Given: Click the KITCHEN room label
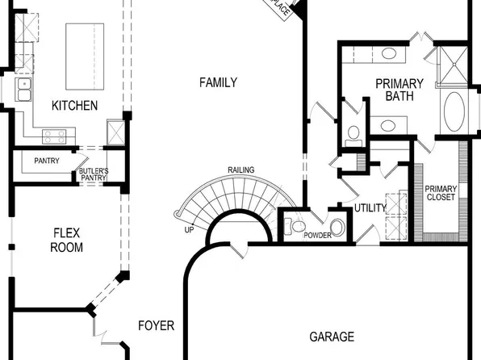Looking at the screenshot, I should [74, 106].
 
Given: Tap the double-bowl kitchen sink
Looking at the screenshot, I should [23, 89].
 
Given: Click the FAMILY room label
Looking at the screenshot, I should [218, 82].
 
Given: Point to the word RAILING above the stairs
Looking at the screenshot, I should [241, 170].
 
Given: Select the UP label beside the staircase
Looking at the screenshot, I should [189, 229].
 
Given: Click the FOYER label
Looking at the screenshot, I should [156, 326].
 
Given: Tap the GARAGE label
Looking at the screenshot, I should [332, 337].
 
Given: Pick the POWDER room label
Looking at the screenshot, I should [317, 235].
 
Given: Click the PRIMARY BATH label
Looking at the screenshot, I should [399, 90].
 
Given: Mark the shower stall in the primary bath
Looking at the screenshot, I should [450, 66].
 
